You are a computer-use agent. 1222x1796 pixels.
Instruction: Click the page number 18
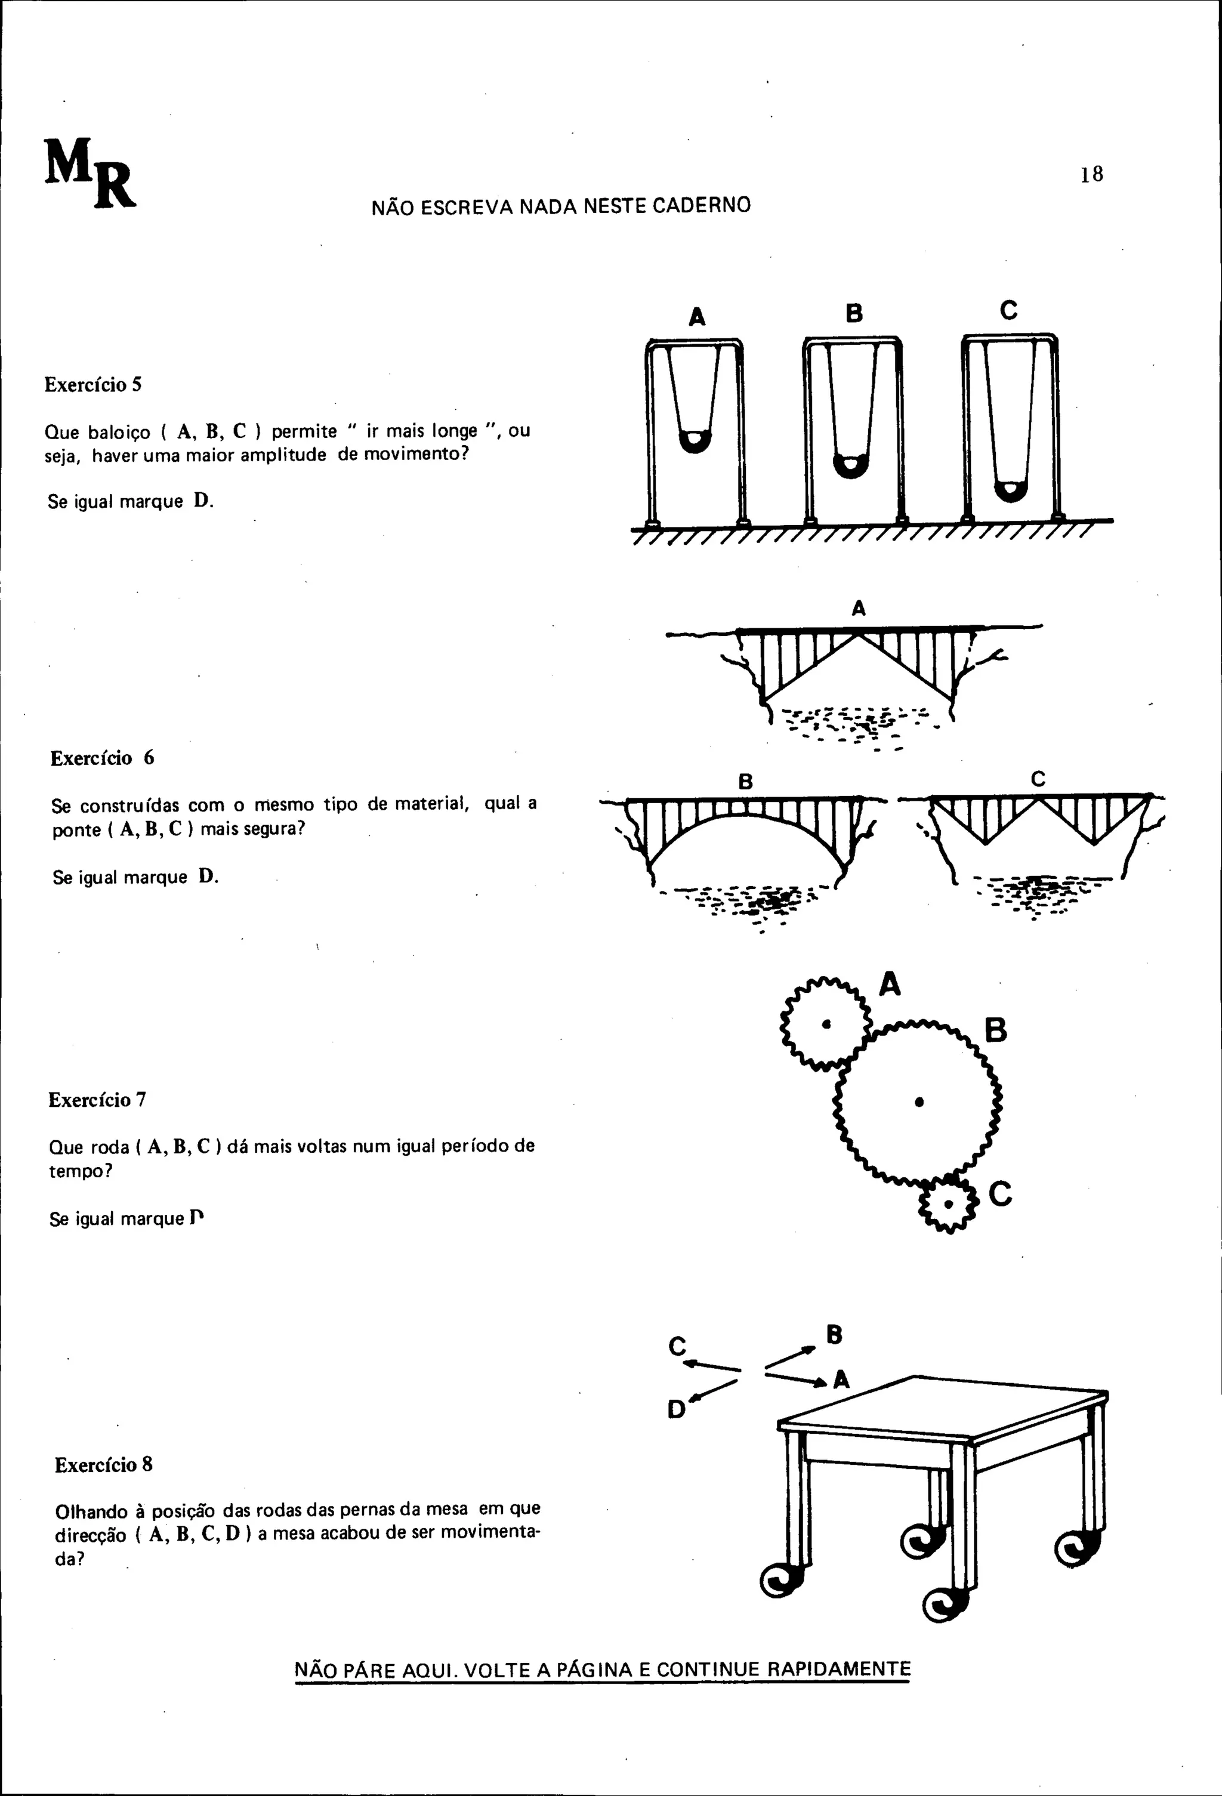(x=1091, y=175)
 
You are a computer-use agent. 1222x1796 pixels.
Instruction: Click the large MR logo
(x=90, y=173)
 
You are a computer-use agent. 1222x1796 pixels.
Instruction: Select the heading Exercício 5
(x=92, y=385)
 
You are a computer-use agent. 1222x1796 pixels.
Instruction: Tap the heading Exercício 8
(x=104, y=1464)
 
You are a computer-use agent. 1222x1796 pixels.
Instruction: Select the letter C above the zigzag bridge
(x=1038, y=779)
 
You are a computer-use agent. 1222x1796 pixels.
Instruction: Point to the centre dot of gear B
(x=919, y=1103)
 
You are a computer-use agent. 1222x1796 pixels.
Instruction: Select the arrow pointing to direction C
(x=711, y=1366)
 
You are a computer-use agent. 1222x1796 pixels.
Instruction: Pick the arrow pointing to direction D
(x=712, y=1391)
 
